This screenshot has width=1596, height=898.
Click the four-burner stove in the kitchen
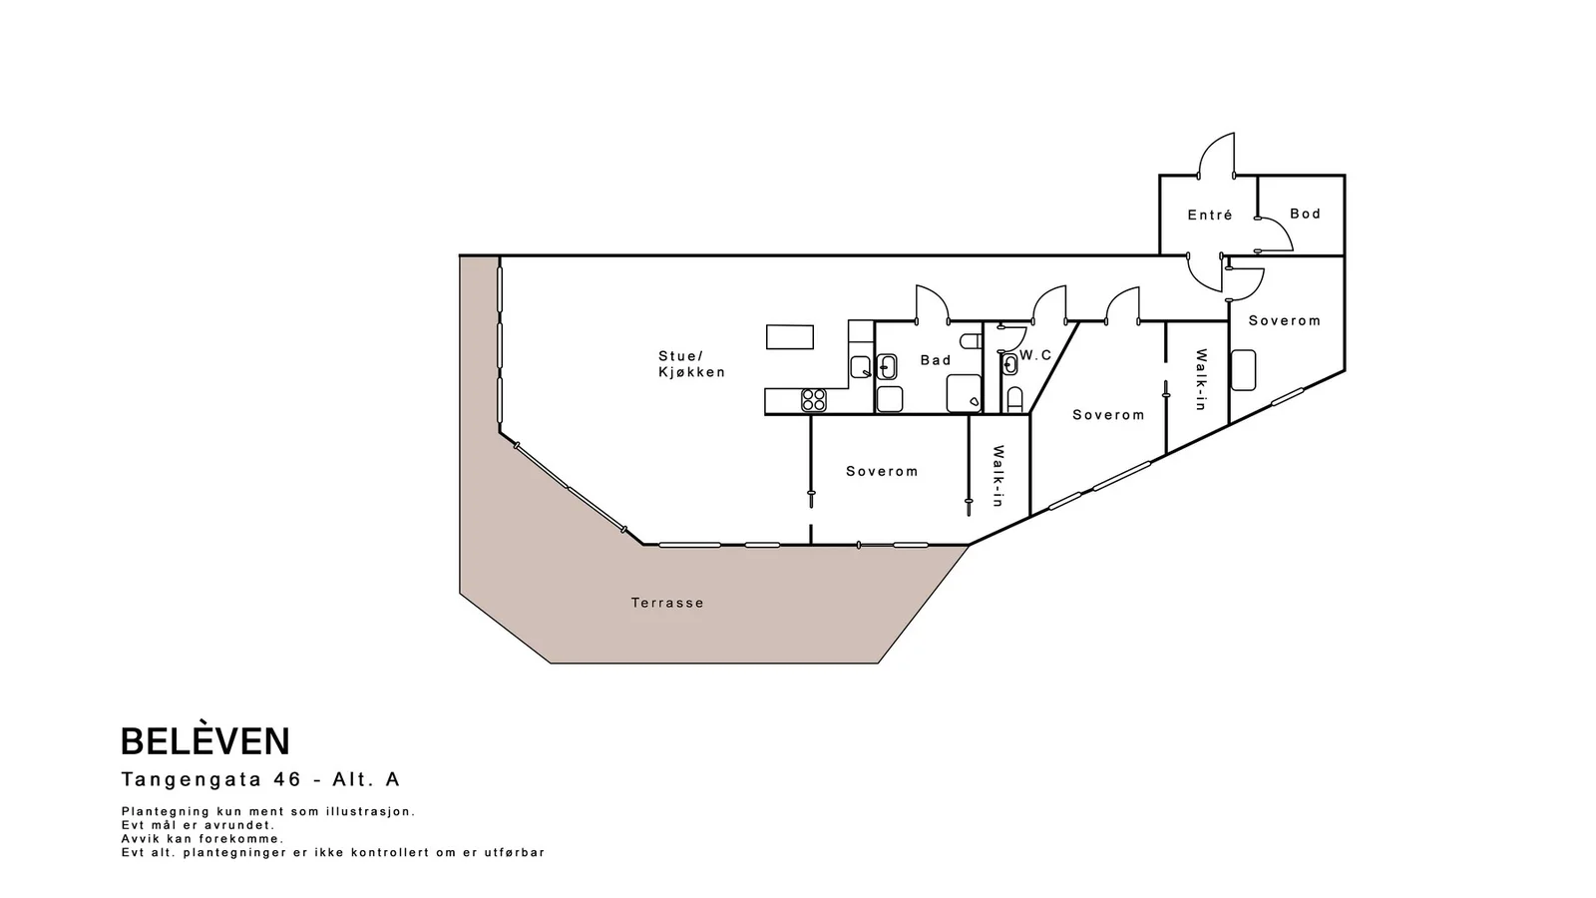[x=814, y=400]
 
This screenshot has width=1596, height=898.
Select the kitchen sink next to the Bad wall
[x=861, y=367]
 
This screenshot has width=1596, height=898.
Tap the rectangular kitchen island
[x=789, y=336]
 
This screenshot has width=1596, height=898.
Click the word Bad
[x=936, y=360]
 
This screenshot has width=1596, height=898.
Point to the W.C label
[x=1035, y=355]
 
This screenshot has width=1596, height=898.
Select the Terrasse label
[x=667, y=603]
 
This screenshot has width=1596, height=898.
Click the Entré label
[x=1210, y=215]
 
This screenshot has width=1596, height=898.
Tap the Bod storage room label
[x=1306, y=214]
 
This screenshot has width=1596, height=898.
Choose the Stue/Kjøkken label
[x=692, y=363]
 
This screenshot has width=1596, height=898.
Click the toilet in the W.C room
[x=1015, y=400]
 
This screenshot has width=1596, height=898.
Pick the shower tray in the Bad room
[x=964, y=393]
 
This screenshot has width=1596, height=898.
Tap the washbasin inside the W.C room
[x=1008, y=365]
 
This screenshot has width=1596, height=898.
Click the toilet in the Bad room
[x=972, y=341]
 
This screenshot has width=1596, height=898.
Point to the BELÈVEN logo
[x=205, y=741]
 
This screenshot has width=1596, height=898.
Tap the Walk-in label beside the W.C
[x=998, y=476]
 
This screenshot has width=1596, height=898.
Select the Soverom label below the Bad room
[x=882, y=471]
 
